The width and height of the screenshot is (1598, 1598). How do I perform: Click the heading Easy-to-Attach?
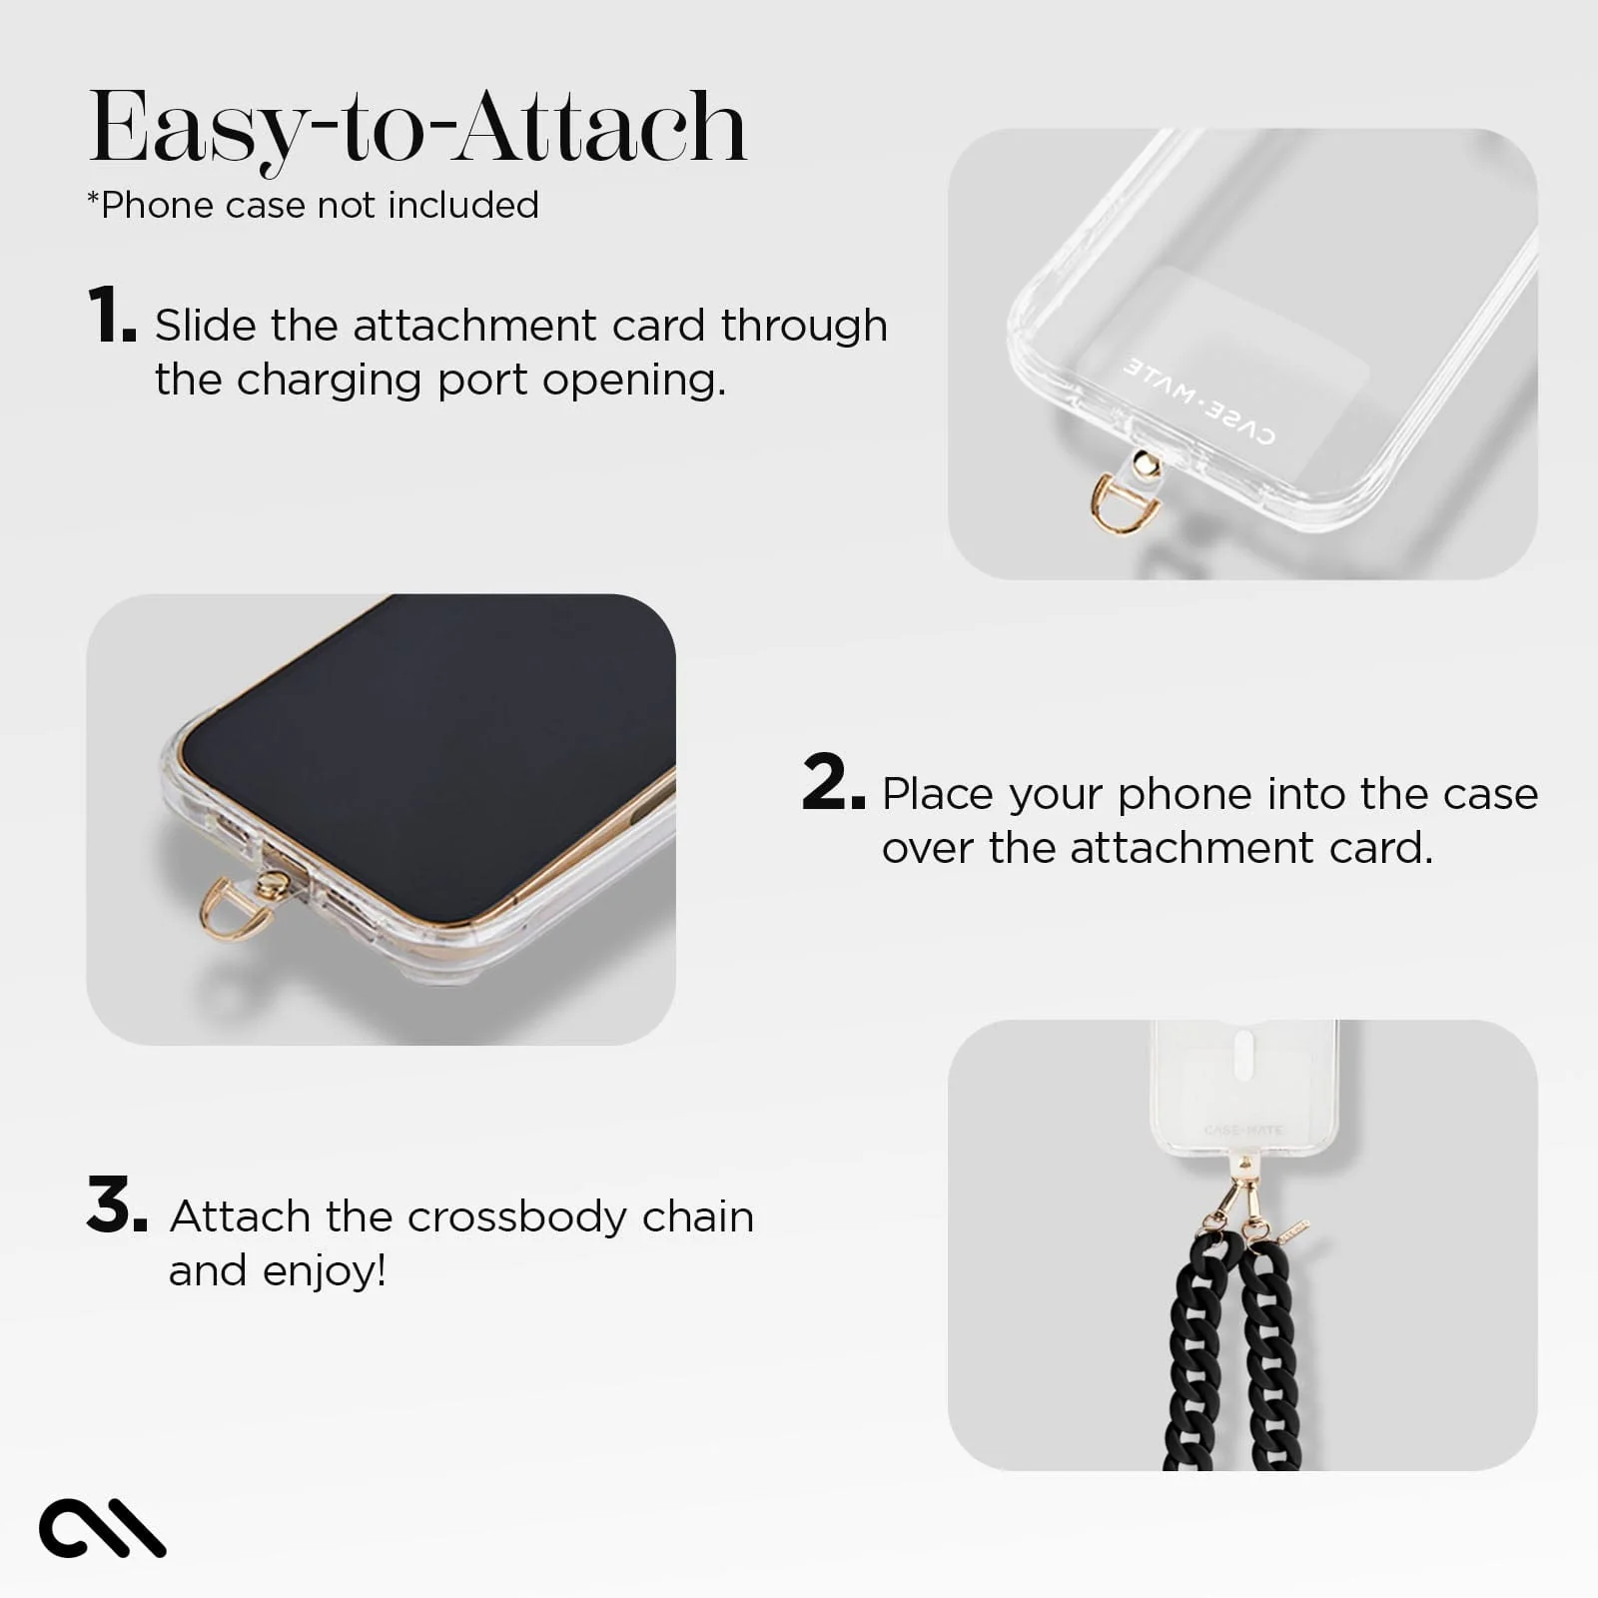(x=417, y=128)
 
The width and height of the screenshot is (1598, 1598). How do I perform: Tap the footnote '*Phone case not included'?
(x=313, y=205)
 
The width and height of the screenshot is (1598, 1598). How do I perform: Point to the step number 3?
(x=116, y=1205)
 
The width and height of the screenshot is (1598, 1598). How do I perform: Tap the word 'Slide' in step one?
(x=206, y=326)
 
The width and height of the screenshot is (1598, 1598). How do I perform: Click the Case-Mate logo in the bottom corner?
(x=102, y=1526)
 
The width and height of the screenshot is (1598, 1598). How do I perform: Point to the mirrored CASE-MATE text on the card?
(x=1198, y=399)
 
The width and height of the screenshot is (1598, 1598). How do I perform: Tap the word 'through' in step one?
(x=804, y=326)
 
